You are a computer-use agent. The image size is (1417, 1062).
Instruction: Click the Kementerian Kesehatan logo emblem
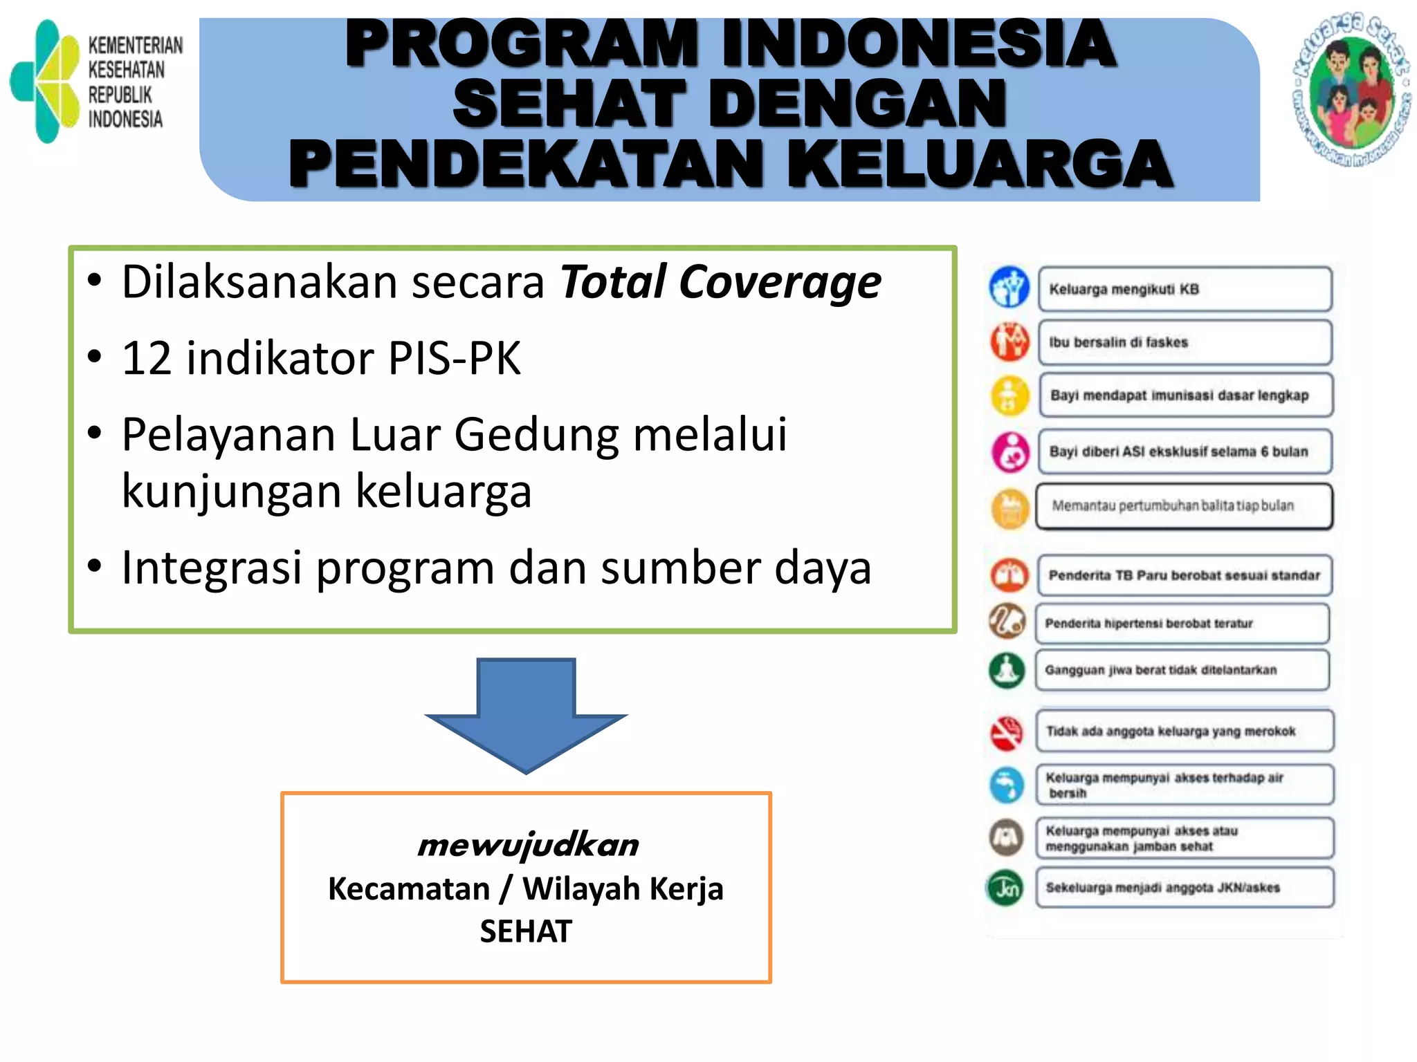tap(46, 82)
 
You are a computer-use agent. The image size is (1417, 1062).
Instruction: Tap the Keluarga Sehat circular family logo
tap(1351, 91)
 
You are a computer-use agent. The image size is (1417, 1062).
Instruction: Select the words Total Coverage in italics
tap(720, 282)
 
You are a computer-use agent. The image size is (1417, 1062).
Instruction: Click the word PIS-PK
tap(454, 358)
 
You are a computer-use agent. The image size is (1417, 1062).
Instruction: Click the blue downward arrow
tap(527, 712)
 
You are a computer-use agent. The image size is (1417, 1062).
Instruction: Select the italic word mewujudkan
tap(527, 845)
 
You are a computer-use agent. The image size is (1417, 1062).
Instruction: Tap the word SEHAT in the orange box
tap(526, 931)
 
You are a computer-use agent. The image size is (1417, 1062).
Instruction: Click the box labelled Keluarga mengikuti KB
tap(1185, 289)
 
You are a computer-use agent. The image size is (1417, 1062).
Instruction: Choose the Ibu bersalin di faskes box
tap(1185, 342)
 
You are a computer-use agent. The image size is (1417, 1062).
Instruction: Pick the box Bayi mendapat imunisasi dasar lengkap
tap(1185, 395)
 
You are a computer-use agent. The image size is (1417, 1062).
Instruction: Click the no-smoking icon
tap(1007, 733)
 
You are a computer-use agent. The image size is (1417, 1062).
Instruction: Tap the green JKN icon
tap(1005, 888)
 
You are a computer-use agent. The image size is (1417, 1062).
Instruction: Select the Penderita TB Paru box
tap(1185, 575)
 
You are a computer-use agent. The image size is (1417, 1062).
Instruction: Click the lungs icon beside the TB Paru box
tap(1009, 575)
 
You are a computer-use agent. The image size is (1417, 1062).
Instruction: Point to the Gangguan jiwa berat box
tap(1182, 670)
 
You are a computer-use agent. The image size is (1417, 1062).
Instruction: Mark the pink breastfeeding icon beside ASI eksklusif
tap(1010, 451)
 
